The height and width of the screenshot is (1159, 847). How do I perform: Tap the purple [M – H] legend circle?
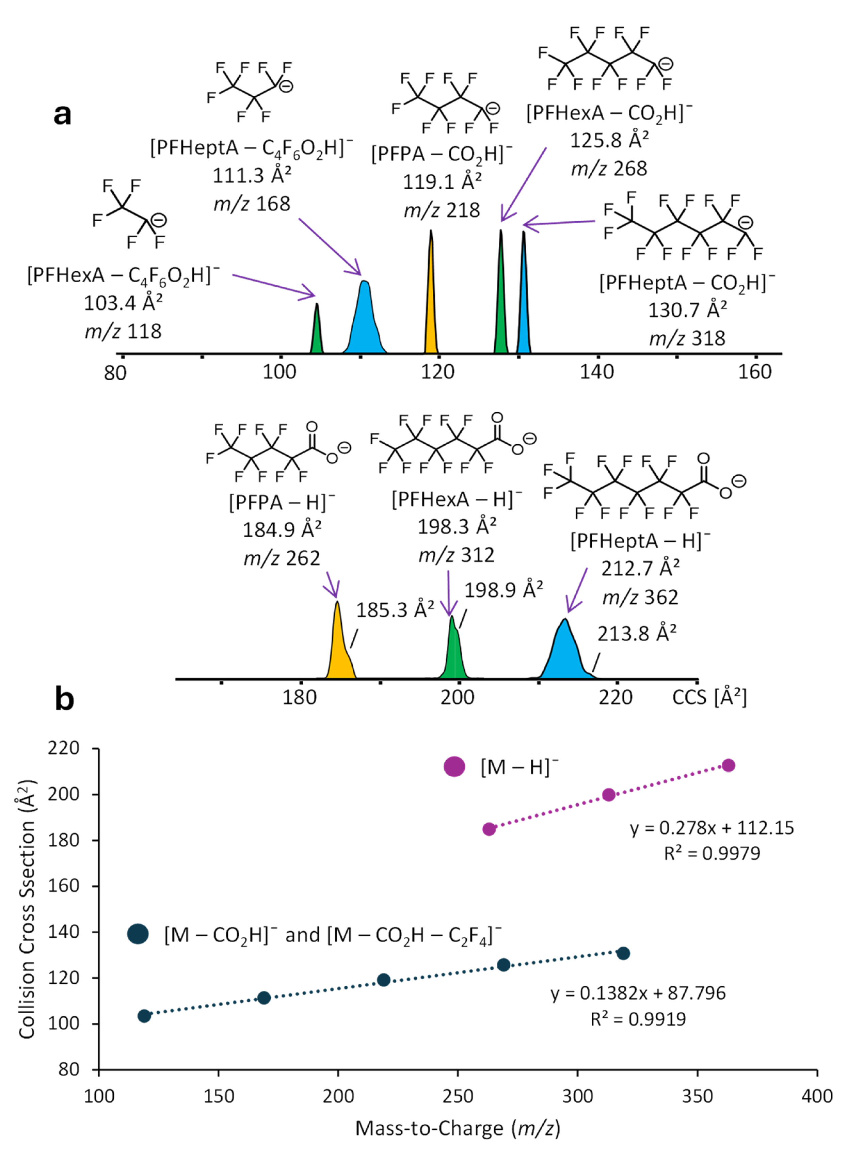[x=454, y=767]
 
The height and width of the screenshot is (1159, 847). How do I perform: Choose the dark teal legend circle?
[x=138, y=934]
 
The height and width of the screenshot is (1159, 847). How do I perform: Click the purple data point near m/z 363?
[x=729, y=766]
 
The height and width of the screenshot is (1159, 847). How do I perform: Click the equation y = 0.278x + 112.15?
[x=712, y=828]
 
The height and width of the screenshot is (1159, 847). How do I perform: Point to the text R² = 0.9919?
[x=638, y=1019]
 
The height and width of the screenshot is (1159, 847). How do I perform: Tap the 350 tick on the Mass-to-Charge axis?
[x=697, y=1096]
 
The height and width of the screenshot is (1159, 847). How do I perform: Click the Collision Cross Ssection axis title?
[x=27, y=910]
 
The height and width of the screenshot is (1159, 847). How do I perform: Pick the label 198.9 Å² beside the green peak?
[x=504, y=590]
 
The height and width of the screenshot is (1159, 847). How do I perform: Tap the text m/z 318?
[x=687, y=338]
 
